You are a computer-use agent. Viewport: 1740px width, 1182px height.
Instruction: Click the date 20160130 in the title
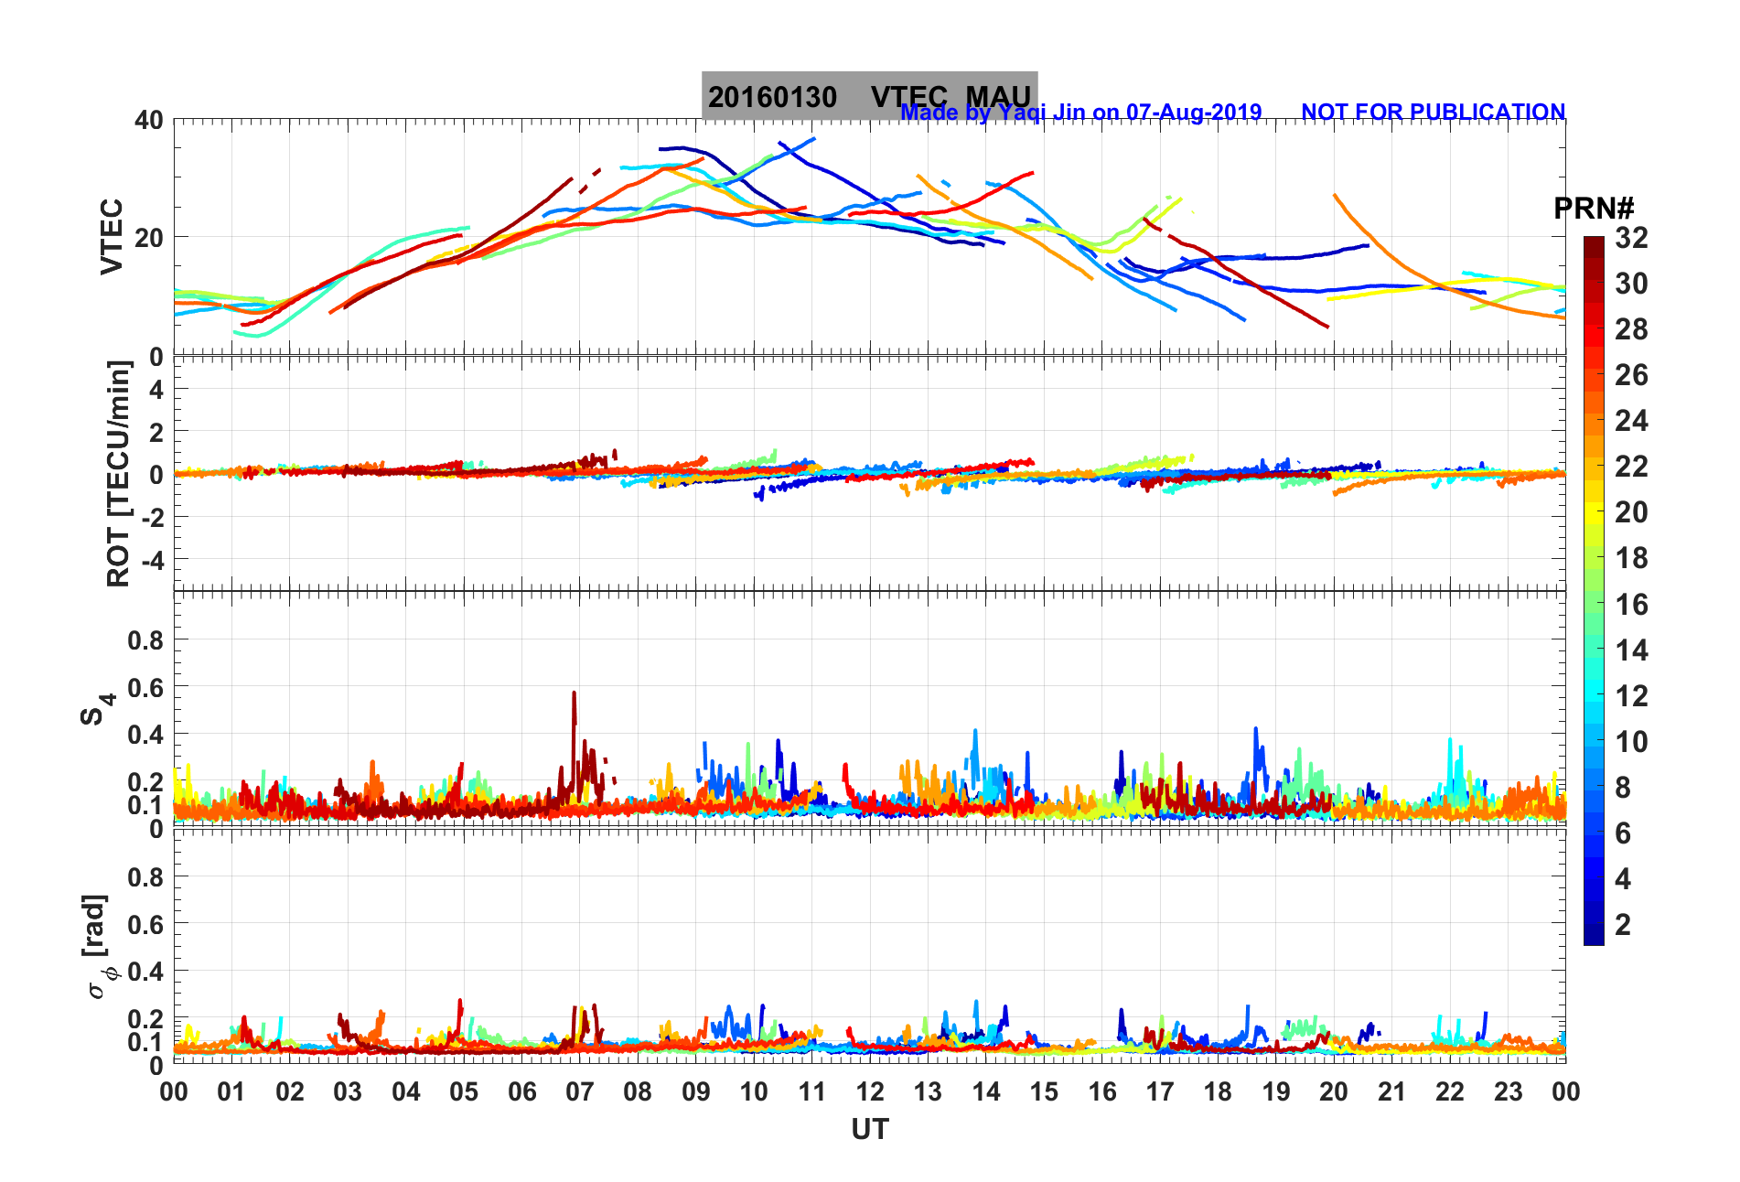[772, 97]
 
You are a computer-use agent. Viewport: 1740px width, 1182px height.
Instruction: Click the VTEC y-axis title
[112, 236]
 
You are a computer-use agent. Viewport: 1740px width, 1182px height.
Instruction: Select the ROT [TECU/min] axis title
[119, 473]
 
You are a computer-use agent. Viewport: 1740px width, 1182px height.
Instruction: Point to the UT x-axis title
[869, 1130]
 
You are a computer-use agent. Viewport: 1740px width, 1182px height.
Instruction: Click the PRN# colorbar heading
[1594, 209]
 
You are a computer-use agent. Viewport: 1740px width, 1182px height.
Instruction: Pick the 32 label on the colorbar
[1631, 238]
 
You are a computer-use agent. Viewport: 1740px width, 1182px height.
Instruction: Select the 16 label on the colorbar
[1631, 604]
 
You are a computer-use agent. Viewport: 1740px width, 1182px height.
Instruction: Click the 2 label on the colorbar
[1623, 924]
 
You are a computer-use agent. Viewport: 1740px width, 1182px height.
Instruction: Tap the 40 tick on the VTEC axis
[148, 120]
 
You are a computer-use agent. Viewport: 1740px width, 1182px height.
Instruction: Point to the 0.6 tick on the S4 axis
[145, 687]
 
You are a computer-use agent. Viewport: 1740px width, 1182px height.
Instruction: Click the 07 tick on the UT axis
[580, 1091]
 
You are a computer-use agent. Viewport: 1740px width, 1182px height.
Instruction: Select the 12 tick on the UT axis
[870, 1091]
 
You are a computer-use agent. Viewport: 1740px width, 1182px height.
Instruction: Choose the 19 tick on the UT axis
[1276, 1091]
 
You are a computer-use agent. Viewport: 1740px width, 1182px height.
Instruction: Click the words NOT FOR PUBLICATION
[1433, 112]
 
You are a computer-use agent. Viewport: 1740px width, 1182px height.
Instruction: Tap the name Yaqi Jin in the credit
[1042, 113]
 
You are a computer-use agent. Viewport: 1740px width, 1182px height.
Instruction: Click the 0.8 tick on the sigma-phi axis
[145, 877]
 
